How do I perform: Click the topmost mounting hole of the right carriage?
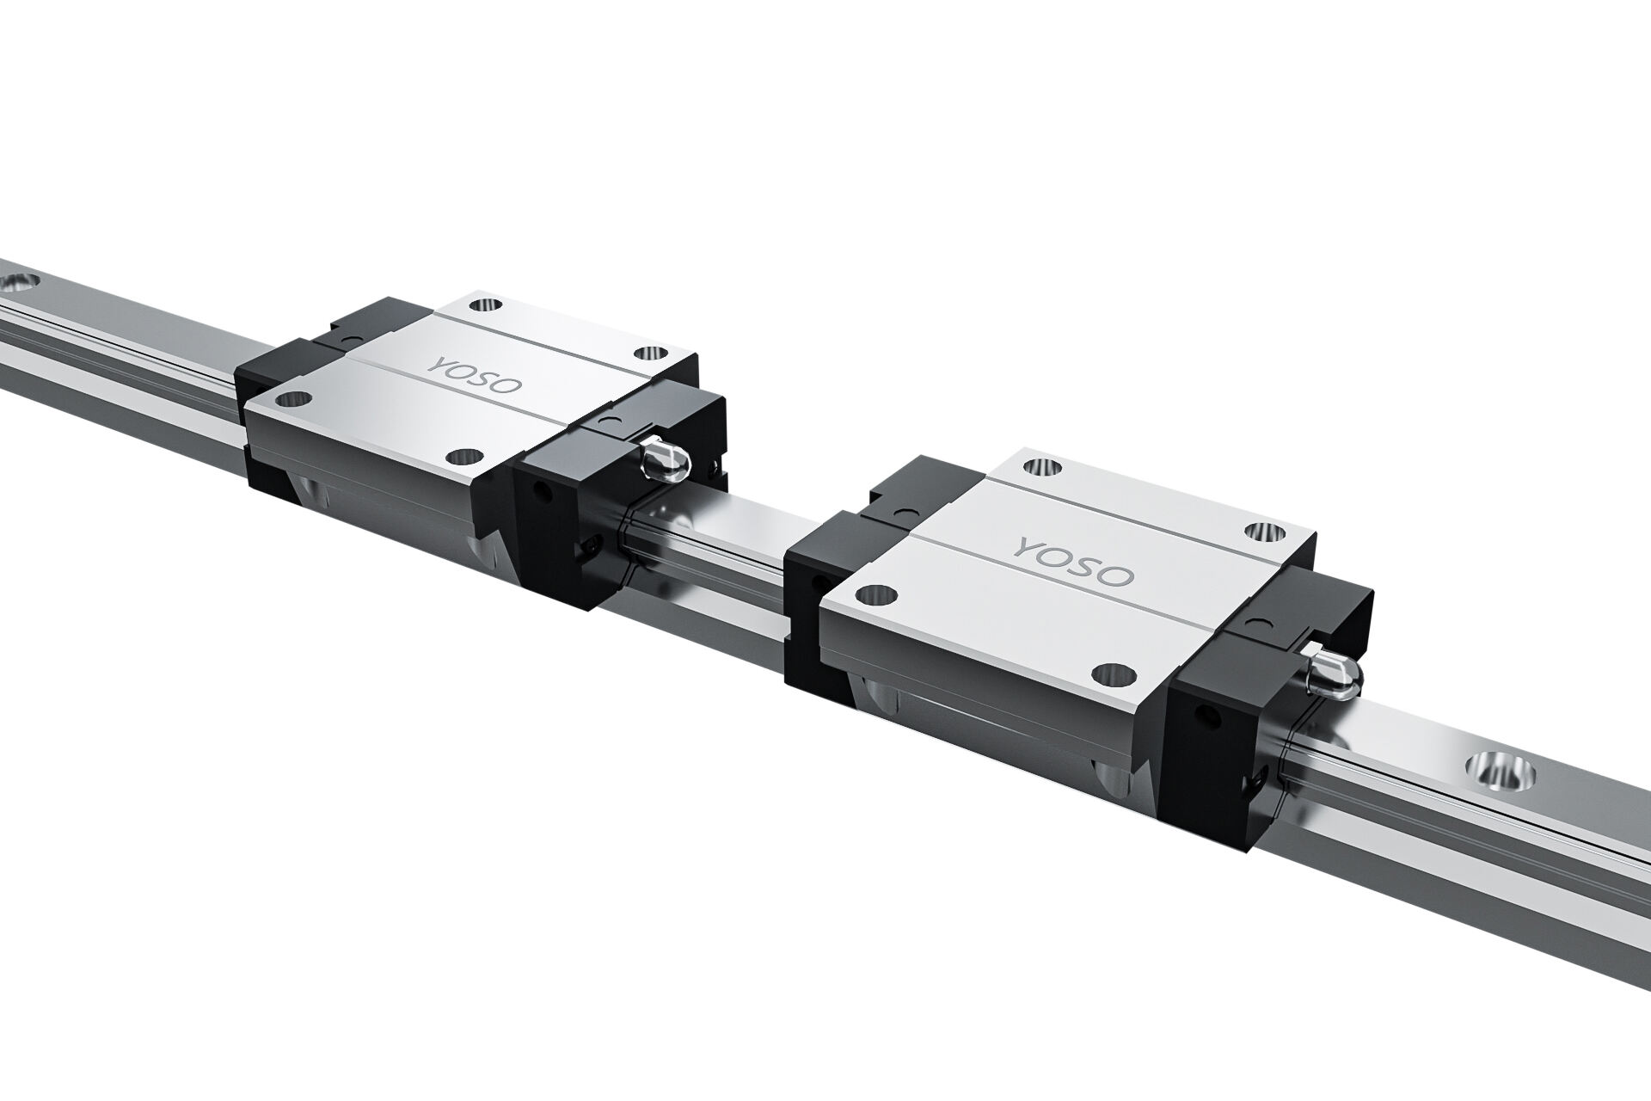(x=1044, y=467)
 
